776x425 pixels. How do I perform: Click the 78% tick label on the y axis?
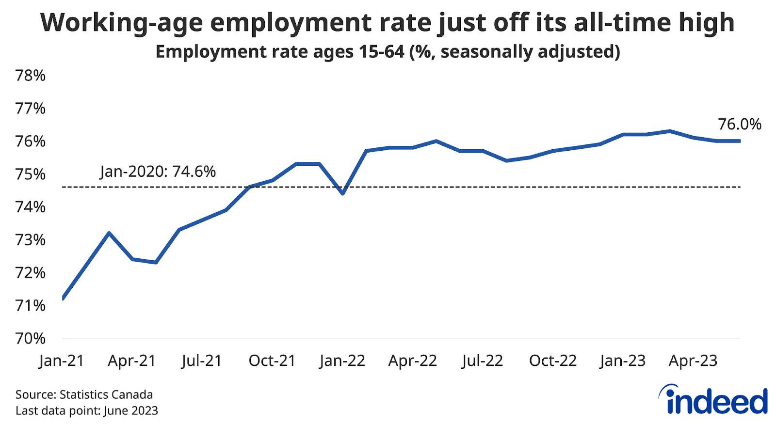[31, 76]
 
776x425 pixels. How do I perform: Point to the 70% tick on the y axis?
[31, 338]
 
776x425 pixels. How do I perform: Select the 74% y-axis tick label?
[31, 207]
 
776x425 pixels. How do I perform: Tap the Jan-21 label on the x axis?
[62, 361]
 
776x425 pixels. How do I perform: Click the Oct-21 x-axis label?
[272, 361]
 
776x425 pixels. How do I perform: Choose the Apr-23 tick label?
[693, 361]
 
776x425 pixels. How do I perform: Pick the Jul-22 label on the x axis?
[483, 361]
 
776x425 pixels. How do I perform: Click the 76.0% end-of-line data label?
[740, 125]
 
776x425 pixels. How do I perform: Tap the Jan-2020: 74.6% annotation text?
[158, 172]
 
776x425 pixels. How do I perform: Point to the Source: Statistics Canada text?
[84, 394]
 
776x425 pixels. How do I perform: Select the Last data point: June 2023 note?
[87, 411]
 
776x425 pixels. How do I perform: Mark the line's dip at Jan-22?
[343, 193]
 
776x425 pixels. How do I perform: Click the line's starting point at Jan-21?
[63, 298]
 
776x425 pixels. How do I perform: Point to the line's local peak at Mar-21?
[109, 233]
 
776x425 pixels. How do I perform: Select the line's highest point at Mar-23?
[670, 131]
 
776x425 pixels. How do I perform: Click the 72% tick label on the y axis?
[31, 273]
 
